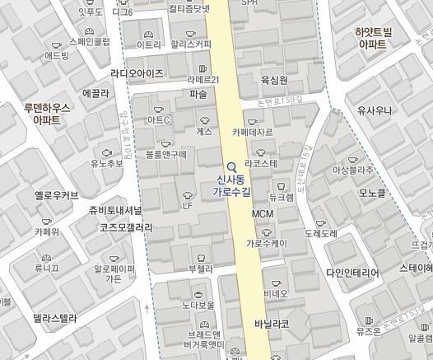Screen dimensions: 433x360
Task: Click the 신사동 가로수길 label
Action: [x=230, y=185]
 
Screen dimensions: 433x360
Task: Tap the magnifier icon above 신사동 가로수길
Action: [x=231, y=165]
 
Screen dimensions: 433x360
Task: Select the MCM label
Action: [x=262, y=214]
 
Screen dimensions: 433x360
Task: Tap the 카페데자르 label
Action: [x=253, y=131]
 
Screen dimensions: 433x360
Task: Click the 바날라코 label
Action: [x=272, y=324]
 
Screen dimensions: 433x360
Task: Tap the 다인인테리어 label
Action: [x=352, y=273]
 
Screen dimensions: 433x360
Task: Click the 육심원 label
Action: [x=273, y=80]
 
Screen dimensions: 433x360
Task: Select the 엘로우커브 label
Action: [x=57, y=195]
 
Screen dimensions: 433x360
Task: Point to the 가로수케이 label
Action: [x=266, y=243]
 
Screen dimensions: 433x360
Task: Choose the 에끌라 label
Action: [x=96, y=93]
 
